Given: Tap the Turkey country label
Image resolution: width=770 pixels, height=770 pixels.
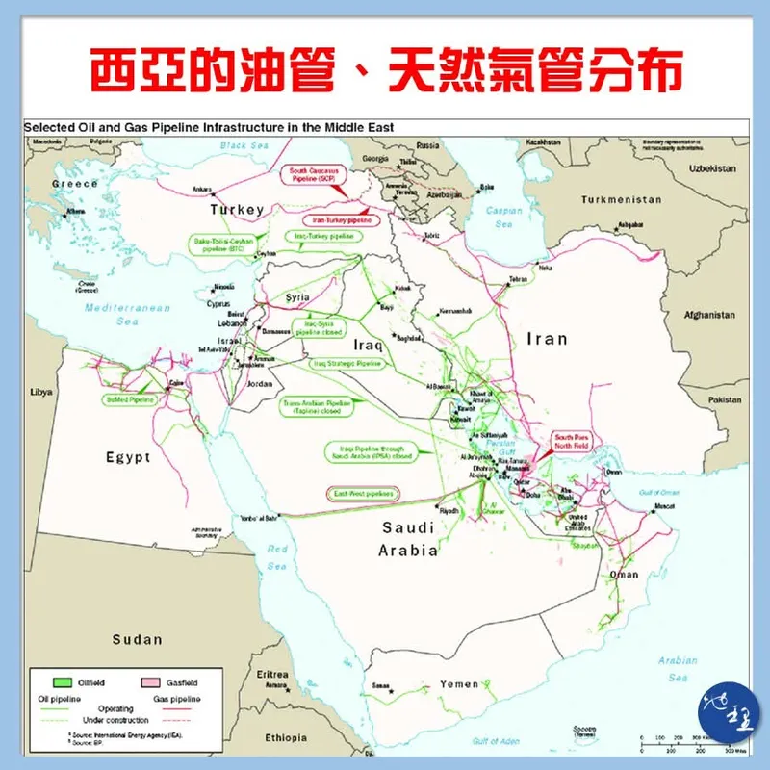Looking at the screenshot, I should (x=238, y=210).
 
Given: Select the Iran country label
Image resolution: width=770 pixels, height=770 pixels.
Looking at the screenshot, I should (x=546, y=339).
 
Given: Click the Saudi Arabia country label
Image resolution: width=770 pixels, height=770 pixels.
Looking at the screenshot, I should (x=410, y=539).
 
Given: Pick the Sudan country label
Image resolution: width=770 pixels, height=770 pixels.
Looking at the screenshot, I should (x=137, y=639).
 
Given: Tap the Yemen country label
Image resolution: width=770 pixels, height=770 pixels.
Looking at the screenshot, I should (x=459, y=684).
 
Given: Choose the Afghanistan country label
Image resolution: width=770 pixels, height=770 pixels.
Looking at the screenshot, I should (x=710, y=314).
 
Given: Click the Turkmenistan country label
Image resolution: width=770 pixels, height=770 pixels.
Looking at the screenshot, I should (x=622, y=199).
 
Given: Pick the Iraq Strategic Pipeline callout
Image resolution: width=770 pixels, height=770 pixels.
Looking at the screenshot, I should (x=346, y=364).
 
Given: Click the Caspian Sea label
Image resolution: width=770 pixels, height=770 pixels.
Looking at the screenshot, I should (x=503, y=217).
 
